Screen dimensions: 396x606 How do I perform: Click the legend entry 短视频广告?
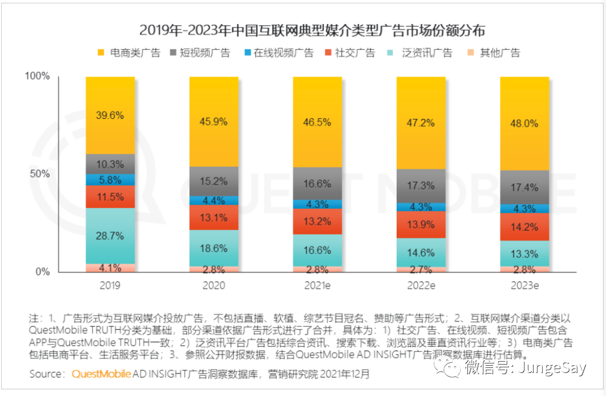coord(199,53)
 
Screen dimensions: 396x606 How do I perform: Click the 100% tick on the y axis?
coord(38,76)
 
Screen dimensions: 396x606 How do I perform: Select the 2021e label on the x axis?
coord(317,286)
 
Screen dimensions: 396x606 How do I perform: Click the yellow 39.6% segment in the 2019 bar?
coord(110,115)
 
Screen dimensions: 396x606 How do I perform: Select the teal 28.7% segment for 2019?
coord(110,236)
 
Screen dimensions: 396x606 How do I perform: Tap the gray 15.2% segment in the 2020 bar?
coord(214,181)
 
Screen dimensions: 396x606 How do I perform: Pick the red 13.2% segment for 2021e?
coord(317,221)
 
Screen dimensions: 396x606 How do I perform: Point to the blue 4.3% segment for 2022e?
coord(421,206)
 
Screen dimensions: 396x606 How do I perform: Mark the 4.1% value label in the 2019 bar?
coord(110,268)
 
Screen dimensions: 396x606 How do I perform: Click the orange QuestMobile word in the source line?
coord(101,374)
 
